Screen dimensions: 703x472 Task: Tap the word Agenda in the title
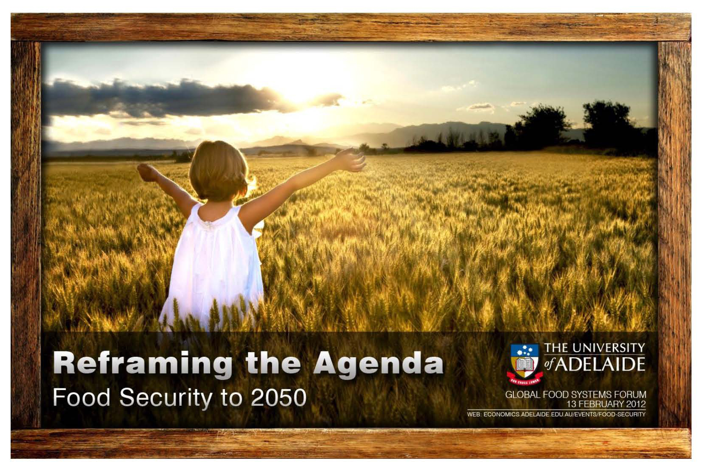378,363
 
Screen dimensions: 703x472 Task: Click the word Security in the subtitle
166,399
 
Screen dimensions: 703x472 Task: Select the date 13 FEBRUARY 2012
606,404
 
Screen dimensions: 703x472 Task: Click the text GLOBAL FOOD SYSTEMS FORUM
575,395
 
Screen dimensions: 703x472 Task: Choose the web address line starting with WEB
556,414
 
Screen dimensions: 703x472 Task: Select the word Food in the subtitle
82,397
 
